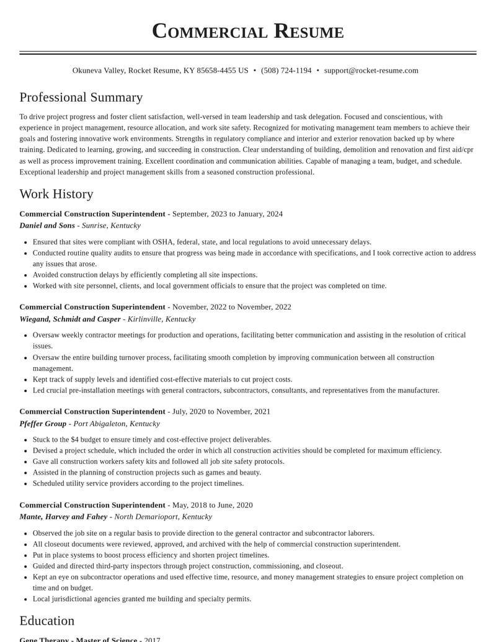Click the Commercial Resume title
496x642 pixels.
248,31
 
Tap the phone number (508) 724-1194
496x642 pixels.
286,71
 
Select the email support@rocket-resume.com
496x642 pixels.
371,71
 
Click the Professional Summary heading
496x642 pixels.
81,97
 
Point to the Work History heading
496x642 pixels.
56,194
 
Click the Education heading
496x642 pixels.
47,621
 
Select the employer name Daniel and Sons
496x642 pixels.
47,226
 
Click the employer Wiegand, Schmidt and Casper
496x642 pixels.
70,319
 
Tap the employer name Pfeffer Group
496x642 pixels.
43,424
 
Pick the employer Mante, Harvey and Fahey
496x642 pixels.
63,517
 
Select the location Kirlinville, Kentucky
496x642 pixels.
161,319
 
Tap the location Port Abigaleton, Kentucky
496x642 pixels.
117,424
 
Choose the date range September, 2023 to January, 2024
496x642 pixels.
228,214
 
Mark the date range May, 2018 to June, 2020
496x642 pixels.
213,505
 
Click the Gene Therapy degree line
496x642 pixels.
90,639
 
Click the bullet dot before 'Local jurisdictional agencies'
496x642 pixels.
25,599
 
